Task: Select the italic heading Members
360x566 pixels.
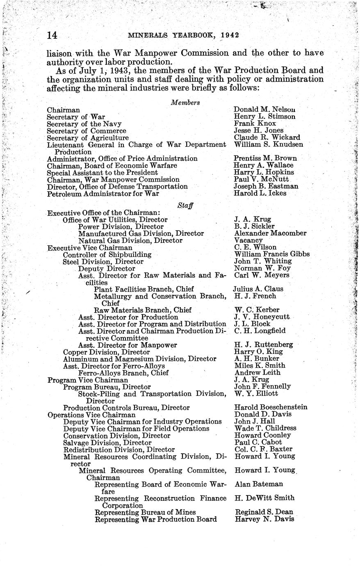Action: pos(185,103)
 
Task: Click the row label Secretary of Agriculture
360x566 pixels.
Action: pos(88,138)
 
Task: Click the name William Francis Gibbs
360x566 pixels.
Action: pos(271,254)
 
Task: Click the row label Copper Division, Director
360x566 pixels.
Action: pos(106,352)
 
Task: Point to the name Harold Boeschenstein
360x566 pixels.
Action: pos(271,408)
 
